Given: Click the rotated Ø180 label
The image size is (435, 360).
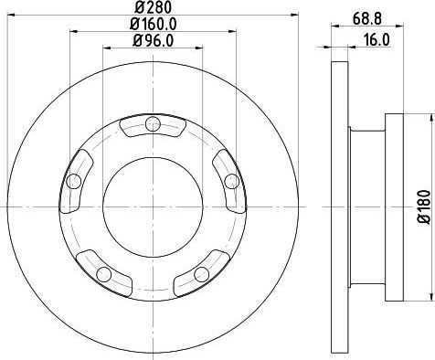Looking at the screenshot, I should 422,206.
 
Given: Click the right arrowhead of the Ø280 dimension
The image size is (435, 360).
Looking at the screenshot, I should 286,16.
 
